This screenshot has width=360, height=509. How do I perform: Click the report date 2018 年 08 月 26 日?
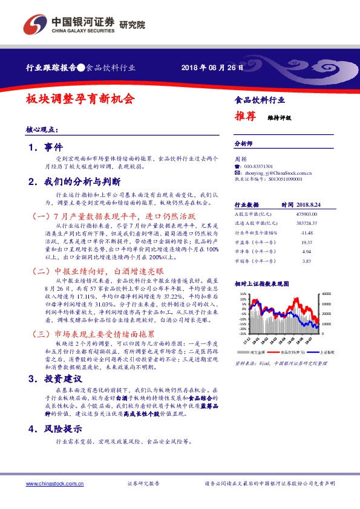point(213,68)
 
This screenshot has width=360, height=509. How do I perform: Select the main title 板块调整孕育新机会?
point(80,99)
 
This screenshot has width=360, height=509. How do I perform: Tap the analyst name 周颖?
point(240,158)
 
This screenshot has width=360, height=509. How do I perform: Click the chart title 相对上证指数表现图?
point(260,283)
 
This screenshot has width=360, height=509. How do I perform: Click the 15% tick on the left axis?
point(243,295)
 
